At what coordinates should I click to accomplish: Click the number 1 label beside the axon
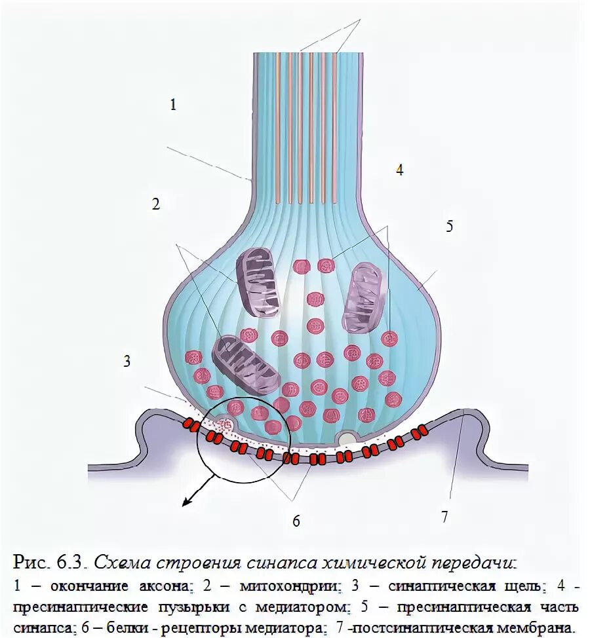(x=173, y=104)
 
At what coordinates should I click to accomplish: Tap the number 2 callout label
(x=155, y=204)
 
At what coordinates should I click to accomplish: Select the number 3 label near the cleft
(x=127, y=360)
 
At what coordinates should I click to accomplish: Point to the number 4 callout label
(x=399, y=170)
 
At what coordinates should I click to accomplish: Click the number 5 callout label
(x=449, y=227)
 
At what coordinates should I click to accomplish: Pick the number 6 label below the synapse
(x=296, y=521)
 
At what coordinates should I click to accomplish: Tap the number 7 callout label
(x=444, y=517)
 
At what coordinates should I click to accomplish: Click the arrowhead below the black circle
(x=187, y=502)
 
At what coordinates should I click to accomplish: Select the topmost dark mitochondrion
(x=258, y=281)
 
